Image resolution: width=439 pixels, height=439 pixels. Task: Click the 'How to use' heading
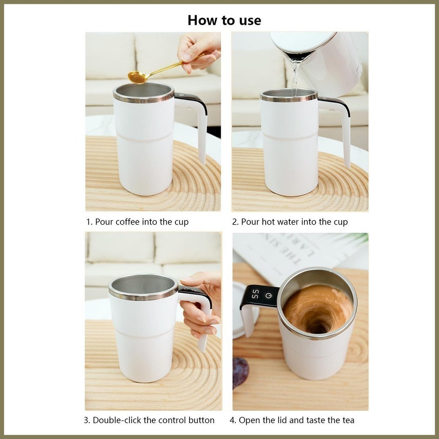[224, 20]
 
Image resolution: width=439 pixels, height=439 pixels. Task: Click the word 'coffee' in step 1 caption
[127, 222]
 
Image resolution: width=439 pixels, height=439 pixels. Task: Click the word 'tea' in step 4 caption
[348, 420]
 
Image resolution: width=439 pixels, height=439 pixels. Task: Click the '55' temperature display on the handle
[256, 294]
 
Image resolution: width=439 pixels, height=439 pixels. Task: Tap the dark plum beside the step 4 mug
[240, 373]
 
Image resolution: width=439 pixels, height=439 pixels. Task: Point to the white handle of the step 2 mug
[340, 126]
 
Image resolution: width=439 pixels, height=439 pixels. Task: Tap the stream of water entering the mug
[294, 78]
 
